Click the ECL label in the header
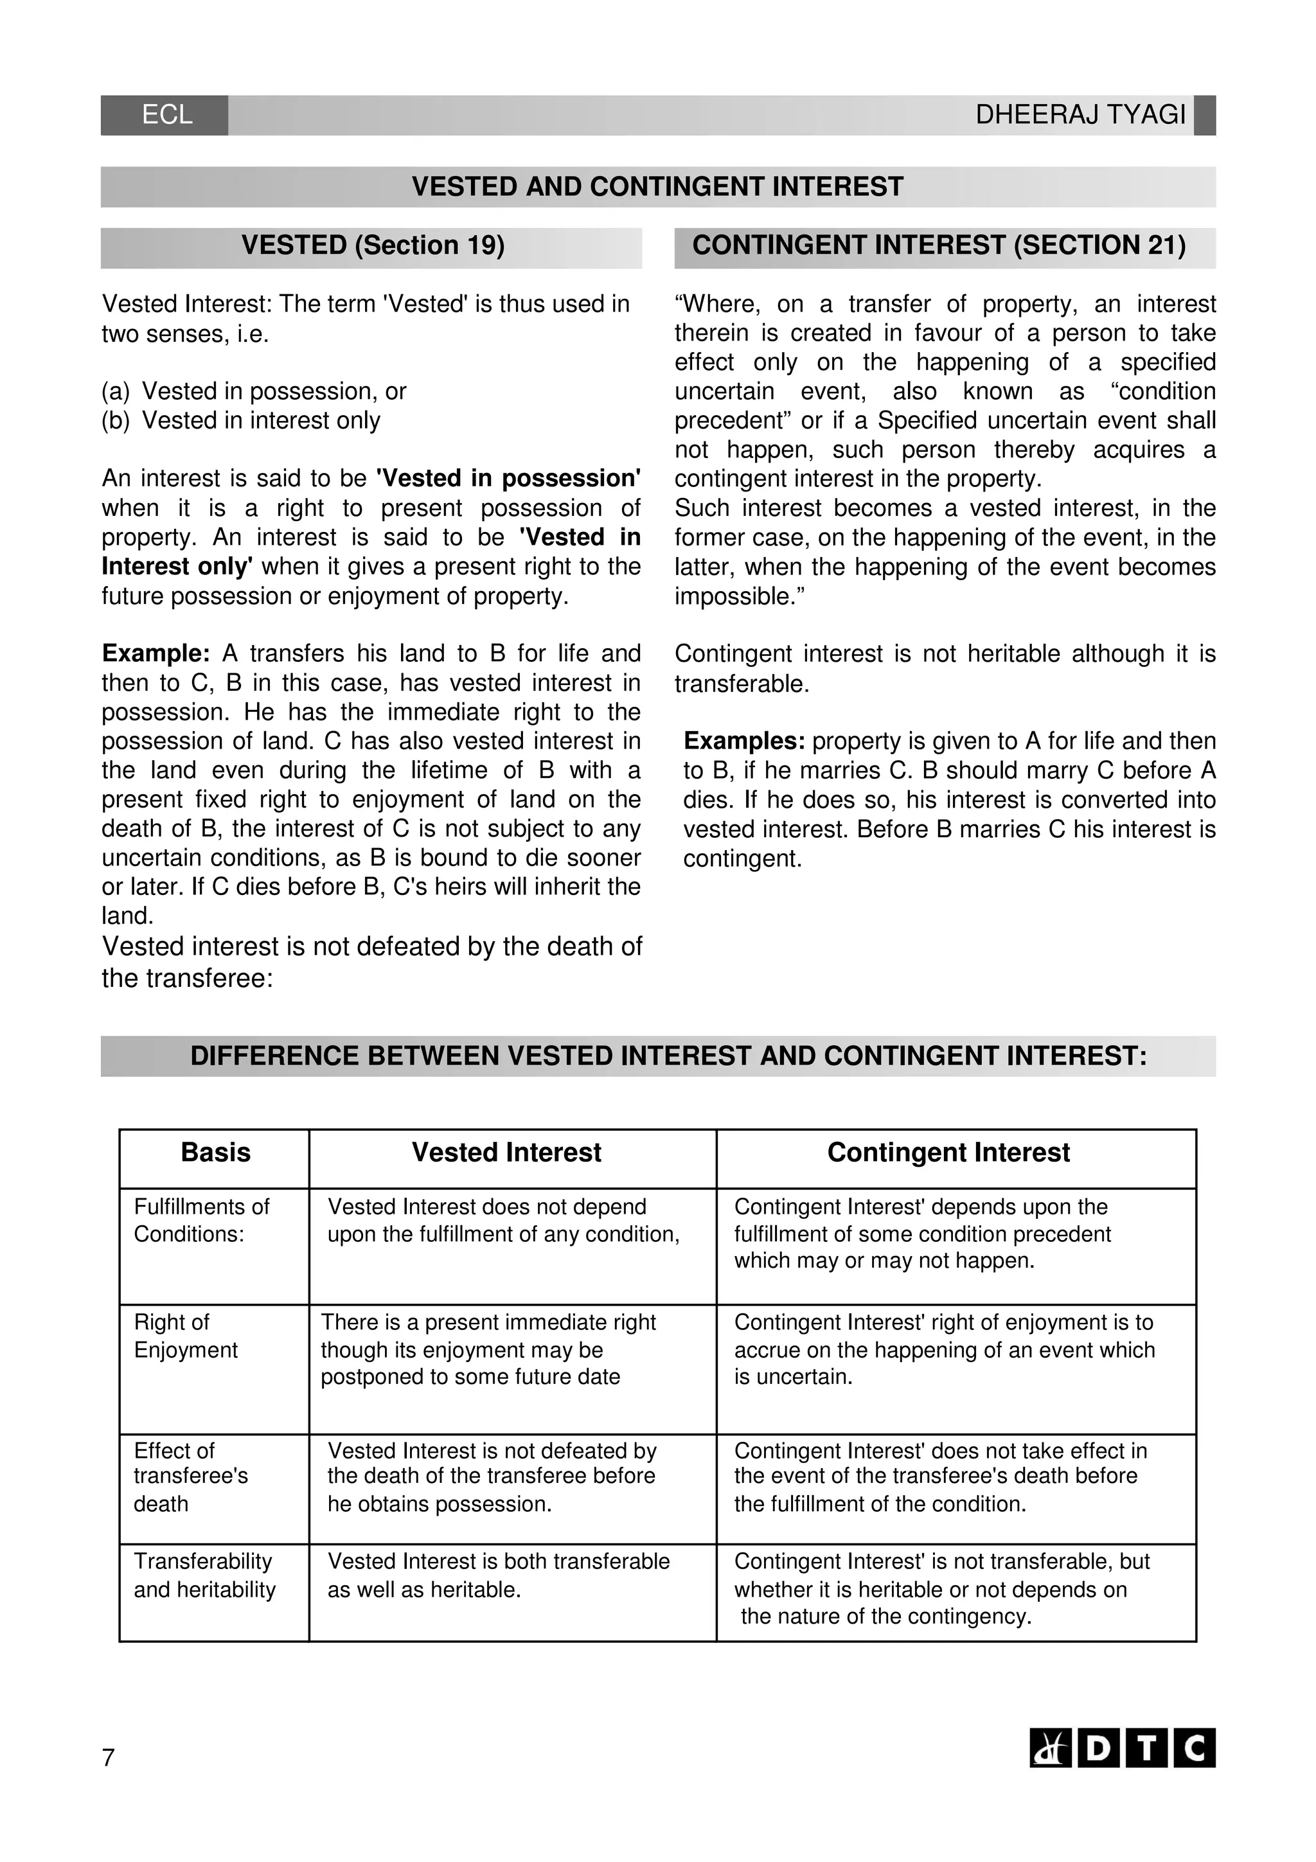[167, 115]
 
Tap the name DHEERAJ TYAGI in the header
[1080, 115]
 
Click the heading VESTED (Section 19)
[372, 245]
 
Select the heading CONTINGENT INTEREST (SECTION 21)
[938, 245]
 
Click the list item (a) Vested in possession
[254, 392]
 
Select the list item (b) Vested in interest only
[241, 421]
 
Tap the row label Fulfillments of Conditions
[201, 1221]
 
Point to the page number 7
[108, 1758]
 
